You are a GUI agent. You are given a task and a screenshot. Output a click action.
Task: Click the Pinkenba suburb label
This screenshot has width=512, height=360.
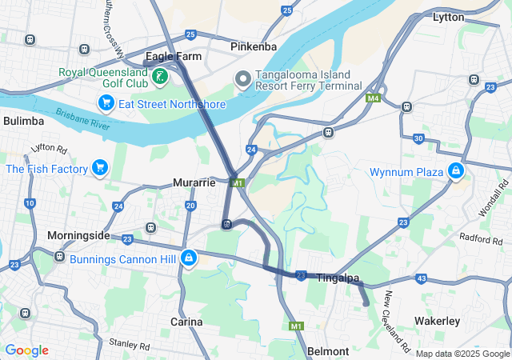[x=254, y=46]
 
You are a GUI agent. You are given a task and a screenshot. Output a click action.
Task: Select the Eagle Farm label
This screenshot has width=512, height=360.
[x=174, y=57]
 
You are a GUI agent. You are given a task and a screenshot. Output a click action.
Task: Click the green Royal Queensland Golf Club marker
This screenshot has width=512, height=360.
[x=161, y=77]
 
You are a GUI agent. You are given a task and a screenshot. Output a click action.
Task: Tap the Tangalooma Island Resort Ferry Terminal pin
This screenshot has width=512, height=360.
[x=242, y=77]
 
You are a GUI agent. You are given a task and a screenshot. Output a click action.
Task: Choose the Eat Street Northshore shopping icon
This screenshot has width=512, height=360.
[x=106, y=103]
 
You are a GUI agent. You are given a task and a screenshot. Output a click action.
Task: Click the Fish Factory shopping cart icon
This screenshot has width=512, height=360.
[x=100, y=168]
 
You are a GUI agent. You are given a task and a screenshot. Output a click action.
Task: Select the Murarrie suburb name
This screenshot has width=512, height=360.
[x=194, y=182]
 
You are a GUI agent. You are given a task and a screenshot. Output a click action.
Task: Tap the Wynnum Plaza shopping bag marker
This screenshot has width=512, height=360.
[x=455, y=170]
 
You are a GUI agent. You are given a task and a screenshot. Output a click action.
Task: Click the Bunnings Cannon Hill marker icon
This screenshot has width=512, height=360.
[x=190, y=258]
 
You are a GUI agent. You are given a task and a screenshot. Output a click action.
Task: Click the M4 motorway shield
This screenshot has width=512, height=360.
[x=372, y=98]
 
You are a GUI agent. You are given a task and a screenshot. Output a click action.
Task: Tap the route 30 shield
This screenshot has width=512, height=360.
[x=418, y=138]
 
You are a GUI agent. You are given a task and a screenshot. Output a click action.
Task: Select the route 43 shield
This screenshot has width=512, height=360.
[x=421, y=278]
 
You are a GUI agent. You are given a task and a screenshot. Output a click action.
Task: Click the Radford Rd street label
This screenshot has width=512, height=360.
[x=481, y=238]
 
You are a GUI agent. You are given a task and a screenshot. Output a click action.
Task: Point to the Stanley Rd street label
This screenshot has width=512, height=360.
[x=130, y=346]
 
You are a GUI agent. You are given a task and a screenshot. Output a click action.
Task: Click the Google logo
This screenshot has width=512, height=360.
[x=26, y=350]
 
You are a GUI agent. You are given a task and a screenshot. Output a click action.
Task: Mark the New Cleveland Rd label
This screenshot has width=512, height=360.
[x=396, y=322]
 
